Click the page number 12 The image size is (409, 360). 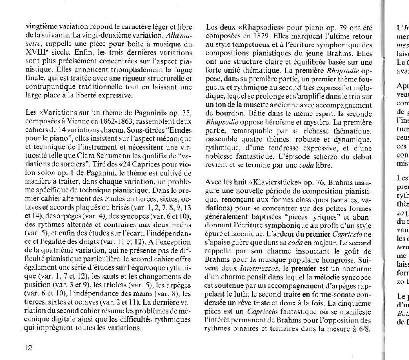coord(28,347)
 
